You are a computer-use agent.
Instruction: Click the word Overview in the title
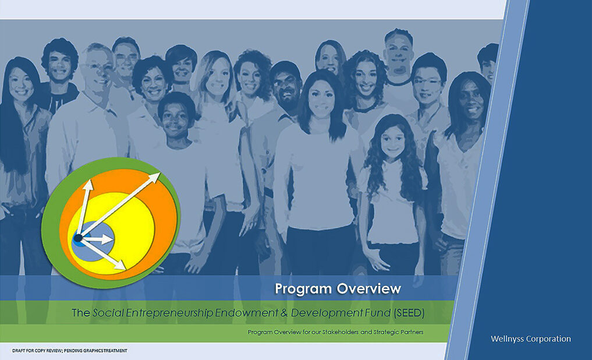(x=368, y=288)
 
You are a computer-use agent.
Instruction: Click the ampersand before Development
(x=284, y=313)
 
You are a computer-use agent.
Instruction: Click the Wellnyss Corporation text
(x=530, y=339)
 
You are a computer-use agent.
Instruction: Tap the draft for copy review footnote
(x=69, y=351)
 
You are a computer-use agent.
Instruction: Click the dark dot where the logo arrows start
(x=78, y=238)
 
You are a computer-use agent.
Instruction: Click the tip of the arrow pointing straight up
(x=88, y=180)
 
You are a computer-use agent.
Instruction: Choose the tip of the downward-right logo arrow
(x=125, y=269)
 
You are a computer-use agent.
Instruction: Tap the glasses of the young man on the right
(x=428, y=82)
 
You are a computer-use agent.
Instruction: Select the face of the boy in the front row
(x=176, y=120)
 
